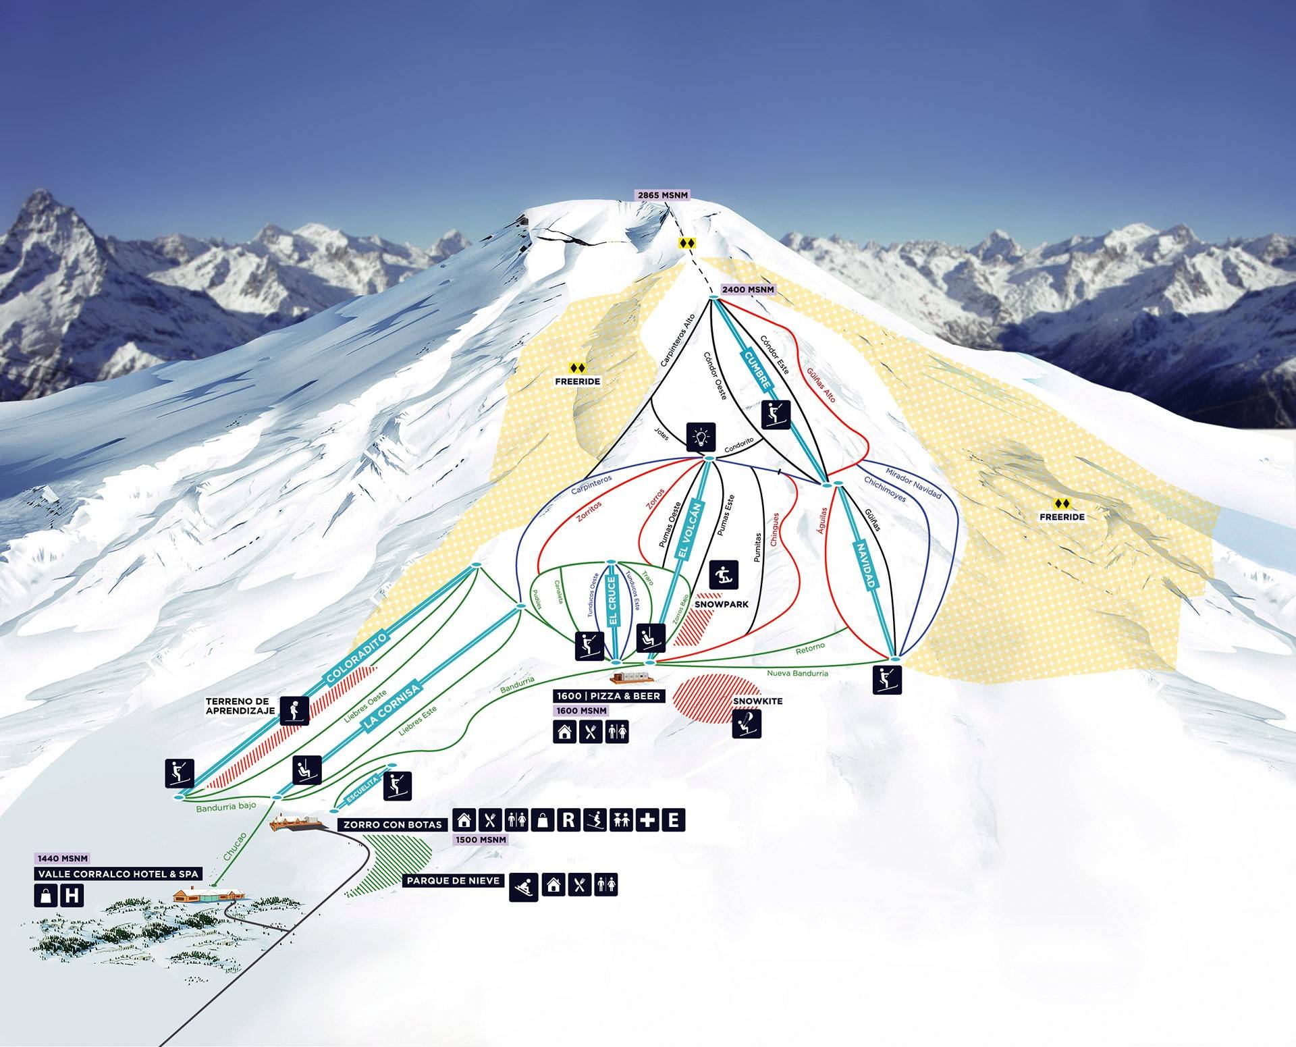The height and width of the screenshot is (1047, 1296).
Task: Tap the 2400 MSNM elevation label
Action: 748,290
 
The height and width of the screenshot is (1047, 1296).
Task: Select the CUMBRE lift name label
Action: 757,369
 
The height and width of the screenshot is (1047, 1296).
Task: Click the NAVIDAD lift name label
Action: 866,567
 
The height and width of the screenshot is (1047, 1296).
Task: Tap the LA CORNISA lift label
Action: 391,706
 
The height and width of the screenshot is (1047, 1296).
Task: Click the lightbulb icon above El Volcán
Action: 701,437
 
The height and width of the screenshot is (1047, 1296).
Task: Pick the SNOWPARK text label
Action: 722,604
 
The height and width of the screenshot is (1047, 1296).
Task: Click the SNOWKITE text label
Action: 757,701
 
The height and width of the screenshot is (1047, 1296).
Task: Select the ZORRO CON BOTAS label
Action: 393,824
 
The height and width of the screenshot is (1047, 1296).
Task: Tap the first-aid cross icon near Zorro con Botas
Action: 647,820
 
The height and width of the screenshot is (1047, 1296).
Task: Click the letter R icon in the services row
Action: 569,820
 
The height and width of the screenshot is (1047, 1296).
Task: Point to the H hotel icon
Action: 72,896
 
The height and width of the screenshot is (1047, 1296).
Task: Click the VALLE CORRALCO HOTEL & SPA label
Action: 119,874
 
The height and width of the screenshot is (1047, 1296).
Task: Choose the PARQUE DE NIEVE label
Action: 454,881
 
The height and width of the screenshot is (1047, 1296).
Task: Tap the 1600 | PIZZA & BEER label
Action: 608,696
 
